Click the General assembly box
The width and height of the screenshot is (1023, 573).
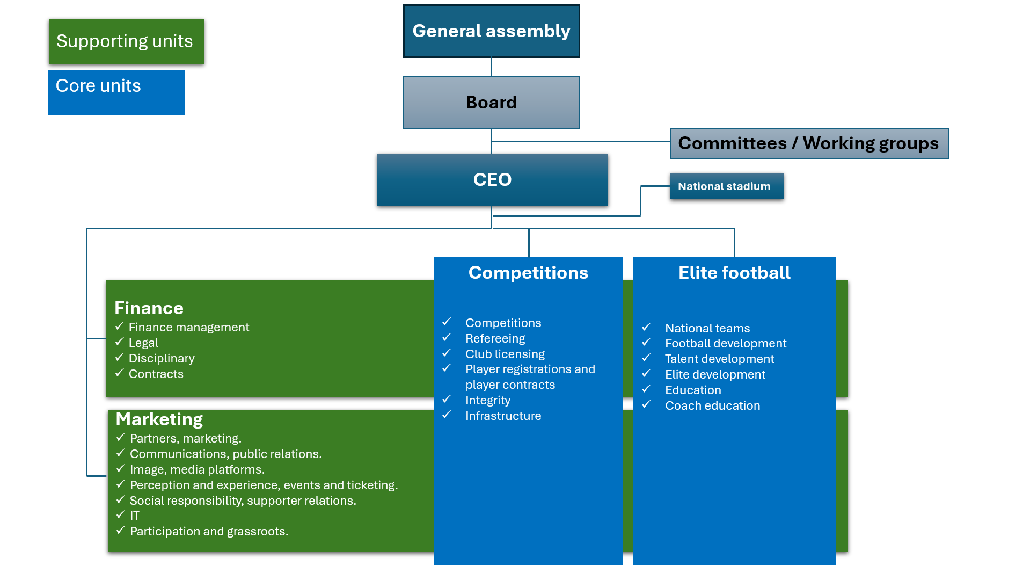coord(491,31)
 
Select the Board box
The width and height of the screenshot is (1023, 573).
coord(491,103)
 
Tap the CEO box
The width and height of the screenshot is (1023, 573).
coord(492,179)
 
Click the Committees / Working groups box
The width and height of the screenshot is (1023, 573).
coord(808,143)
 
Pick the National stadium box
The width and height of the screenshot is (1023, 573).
coord(726,186)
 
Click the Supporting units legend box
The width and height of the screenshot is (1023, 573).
coord(126,41)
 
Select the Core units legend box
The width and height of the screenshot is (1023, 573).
coord(116,92)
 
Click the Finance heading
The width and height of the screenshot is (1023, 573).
coord(149,308)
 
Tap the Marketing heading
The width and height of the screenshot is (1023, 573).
coord(159,419)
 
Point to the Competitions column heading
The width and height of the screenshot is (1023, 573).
coord(528,273)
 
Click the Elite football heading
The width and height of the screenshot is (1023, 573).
coord(734,273)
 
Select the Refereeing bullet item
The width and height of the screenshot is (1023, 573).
coord(495,338)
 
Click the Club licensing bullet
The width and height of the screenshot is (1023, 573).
coord(505,354)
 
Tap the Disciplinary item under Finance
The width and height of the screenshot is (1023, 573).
coord(161,358)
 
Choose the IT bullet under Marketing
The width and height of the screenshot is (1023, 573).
coord(134,516)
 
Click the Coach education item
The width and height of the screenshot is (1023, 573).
coord(712,405)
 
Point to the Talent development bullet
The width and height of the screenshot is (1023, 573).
coord(719,359)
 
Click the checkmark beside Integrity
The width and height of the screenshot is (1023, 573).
coord(447,400)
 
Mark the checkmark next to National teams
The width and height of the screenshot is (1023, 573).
coord(646,327)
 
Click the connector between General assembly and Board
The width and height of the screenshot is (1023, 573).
coord(491,67)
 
